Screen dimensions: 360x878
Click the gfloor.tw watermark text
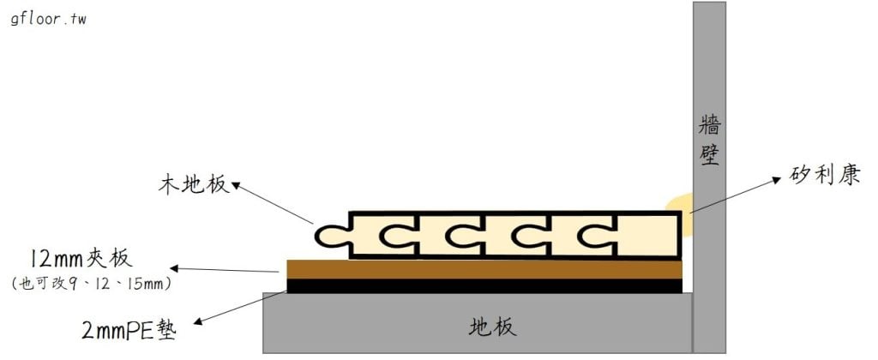point(48,19)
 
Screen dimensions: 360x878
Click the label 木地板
point(194,183)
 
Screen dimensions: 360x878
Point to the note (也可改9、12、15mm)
point(92,282)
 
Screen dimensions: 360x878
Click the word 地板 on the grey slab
point(493,327)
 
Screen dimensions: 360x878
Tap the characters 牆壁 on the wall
point(709,141)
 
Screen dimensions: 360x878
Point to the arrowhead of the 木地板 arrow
point(238,183)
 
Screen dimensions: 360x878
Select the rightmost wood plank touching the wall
point(647,234)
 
